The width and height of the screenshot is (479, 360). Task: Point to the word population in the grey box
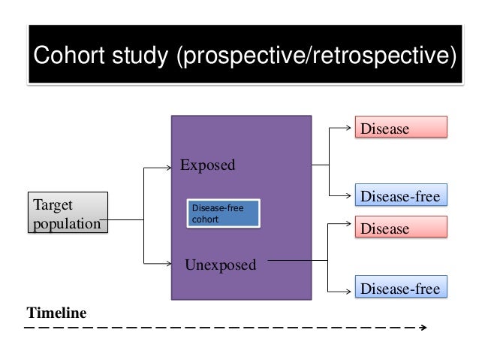pos(66,223)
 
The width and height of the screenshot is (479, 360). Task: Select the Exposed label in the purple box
pos(207,165)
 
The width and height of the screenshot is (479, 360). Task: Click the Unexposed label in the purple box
pos(220,265)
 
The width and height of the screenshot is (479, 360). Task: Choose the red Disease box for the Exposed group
pos(400,129)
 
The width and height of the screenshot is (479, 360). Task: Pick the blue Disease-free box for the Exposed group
pos(400,197)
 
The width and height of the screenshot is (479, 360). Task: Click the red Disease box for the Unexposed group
pos(400,228)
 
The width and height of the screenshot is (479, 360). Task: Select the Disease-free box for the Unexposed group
pos(400,288)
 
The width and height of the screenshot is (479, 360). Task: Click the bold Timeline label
pos(57,312)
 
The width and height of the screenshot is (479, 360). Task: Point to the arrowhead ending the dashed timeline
pos(424,328)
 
